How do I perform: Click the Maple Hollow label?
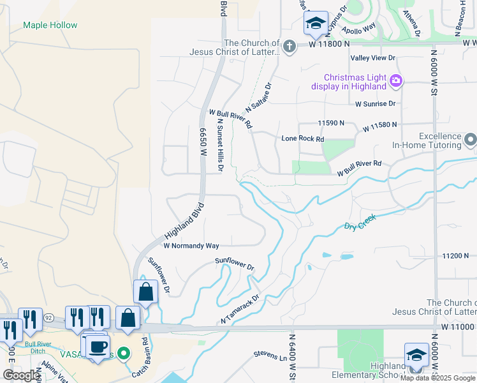[50, 26]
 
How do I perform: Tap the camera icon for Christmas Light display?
[395, 80]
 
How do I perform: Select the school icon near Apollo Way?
[315, 24]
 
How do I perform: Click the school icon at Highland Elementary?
[416, 356]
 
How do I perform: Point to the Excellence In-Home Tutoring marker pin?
[471, 139]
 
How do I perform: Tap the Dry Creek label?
[360, 222]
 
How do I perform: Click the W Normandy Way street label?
[191, 246]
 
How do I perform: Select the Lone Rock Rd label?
[303, 139]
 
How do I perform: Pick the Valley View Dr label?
[373, 57]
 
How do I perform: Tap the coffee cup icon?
[98, 347]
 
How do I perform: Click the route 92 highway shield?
[48, 316]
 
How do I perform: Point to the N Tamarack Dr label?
[240, 308]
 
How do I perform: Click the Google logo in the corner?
[20, 375]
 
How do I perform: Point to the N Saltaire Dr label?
[259, 98]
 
